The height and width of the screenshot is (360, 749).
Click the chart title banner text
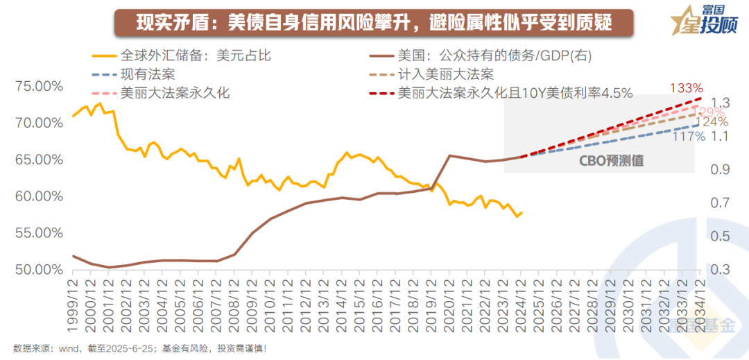pos(374,22)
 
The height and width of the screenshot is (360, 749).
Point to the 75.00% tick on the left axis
pos(37,86)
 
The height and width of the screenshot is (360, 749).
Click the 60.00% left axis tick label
pos(37,196)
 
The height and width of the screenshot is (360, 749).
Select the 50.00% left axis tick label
pos(37,269)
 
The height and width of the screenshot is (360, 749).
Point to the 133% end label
pos(686,88)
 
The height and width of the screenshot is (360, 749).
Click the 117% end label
pos(689,137)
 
